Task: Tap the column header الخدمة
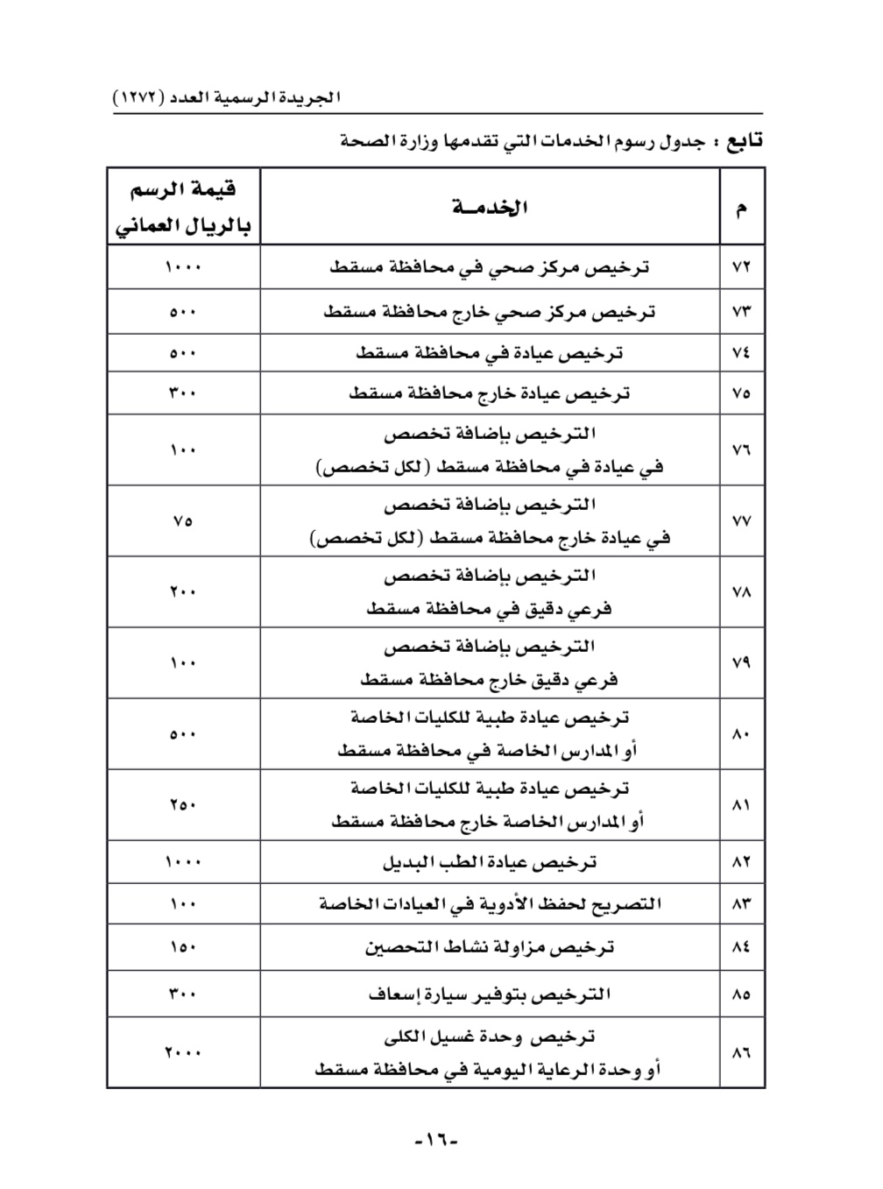coord(490,208)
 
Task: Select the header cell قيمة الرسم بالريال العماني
coord(183,208)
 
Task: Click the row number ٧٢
coord(741,267)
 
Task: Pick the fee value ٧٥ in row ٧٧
coord(183,521)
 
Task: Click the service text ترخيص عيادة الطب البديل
coord(490,863)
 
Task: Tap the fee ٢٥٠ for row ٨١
coord(183,805)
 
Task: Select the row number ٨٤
coord(741,947)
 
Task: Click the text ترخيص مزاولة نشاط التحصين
coord(490,947)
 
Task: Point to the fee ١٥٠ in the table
coord(183,947)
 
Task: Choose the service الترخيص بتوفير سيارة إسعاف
coord(490,994)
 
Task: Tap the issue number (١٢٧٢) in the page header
coord(139,97)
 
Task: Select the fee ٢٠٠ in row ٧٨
coord(183,592)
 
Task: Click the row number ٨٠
coord(741,734)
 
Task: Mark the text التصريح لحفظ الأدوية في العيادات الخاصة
coord(490,904)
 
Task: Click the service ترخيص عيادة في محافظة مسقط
coord(490,353)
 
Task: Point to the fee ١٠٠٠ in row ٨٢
coord(183,863)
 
